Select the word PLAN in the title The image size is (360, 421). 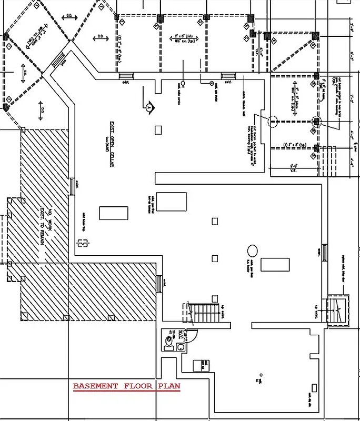[170, 387]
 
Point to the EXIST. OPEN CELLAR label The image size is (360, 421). [112, 144]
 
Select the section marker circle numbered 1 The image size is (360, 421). [149, 107]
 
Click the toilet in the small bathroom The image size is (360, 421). [169, 340]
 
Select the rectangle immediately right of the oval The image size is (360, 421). [275, 264]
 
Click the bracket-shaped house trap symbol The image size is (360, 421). [82, 243]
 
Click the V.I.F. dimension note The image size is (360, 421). [293, 169]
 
